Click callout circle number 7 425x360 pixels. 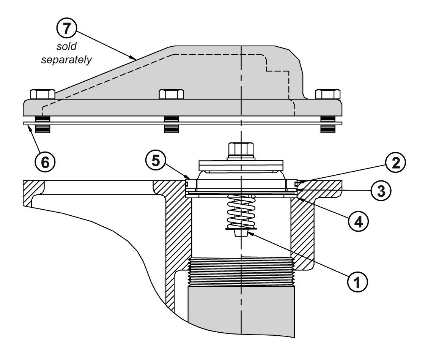click(x=67, y=28)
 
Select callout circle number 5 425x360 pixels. click(x=156, y=161)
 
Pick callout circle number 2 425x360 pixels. click(x=395, y=163)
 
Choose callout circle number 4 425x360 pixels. click(x=358, y=222)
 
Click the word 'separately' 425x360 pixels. click(x=66, y=60)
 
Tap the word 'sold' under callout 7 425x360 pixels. click(x=66, y=46)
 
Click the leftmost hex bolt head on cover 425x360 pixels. click(x=42, y=94)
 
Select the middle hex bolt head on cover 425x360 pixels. click(x=171, y=94)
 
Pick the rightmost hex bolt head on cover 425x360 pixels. click(x=328, y=94)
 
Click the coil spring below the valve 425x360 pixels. click(x=241, y=212)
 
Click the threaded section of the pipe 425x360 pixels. click(x=241, y=272)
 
